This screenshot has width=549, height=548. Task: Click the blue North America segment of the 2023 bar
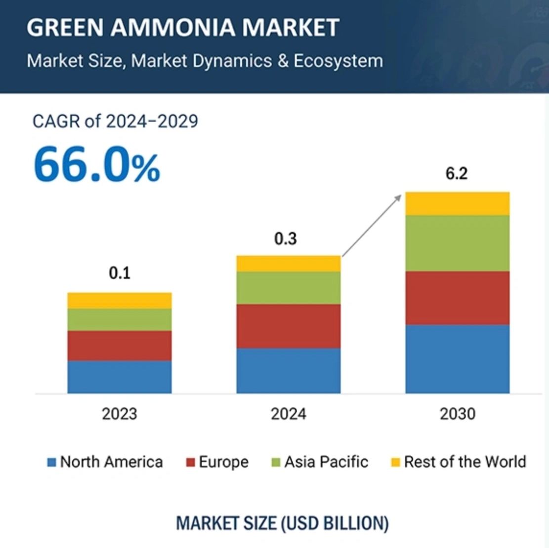(x=120, y=377)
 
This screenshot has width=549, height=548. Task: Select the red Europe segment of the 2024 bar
(x=289, y=326)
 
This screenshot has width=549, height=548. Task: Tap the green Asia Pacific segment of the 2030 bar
(x=458, y=243)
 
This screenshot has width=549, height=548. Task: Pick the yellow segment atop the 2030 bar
(x=458, y=203)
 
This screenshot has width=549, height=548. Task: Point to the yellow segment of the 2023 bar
(x=120, y=300)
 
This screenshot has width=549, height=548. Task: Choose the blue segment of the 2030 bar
(x=458, y=359)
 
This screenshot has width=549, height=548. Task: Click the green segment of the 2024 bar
(x=289, y=287)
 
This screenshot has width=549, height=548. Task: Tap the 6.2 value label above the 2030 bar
(x=457, y=174)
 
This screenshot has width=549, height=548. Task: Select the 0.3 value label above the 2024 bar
(x=286, y=239)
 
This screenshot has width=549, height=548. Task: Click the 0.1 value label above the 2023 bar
(x=120, y=273)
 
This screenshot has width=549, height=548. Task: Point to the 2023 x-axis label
(x=120, y=414)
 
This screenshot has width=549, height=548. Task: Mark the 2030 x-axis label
(x=458, y=414)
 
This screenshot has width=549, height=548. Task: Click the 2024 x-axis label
(x=289, y=414)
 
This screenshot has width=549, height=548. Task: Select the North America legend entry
(x=105, y=462)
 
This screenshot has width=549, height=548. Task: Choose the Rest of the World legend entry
(x=458, y=462)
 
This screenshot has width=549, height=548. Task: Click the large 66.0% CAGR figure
(x=97, y=165)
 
